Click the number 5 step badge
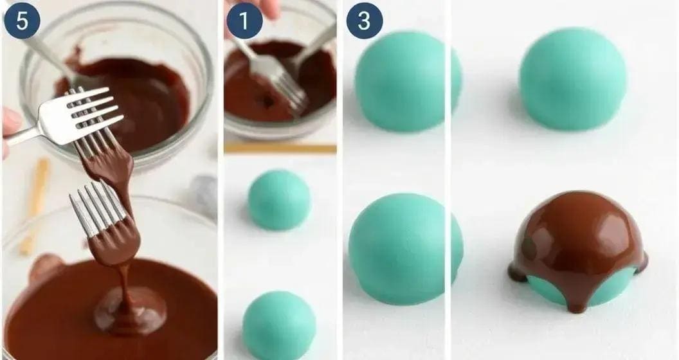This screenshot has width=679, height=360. click(x=22, y=21)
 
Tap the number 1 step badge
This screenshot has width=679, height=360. click(x=244, y=21)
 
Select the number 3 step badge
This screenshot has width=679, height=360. click(x=365, y=21)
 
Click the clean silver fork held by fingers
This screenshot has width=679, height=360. click(x=71, y=118)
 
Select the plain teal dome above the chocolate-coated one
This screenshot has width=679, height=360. click(x=572, y=79)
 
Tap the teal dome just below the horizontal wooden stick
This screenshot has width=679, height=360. click(x=279, y=200)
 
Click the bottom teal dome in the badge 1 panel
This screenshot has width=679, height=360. click(x=278, y=325)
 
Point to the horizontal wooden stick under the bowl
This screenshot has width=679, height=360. click(x=280, y=148)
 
